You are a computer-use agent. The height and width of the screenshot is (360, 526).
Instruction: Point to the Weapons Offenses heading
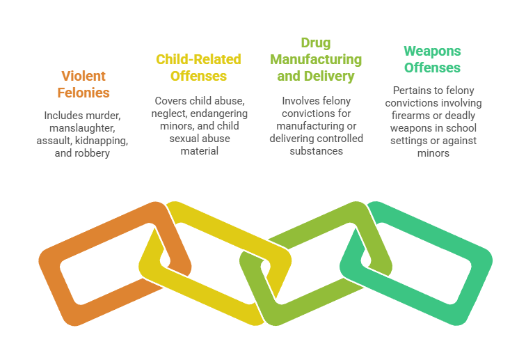pyautogui.click(x=432, y=59)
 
